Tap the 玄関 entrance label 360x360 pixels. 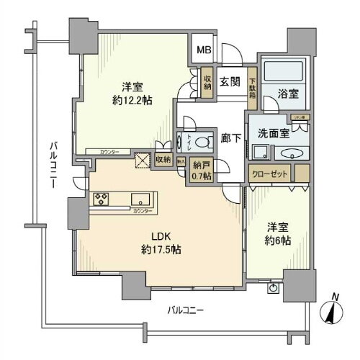[x=230, y=81]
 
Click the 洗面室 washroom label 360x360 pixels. [x=270, y=132]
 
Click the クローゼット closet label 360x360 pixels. [x=270, y=174]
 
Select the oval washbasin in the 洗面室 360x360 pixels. [x=292, y=153]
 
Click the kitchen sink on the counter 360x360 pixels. [x=140, y=199]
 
